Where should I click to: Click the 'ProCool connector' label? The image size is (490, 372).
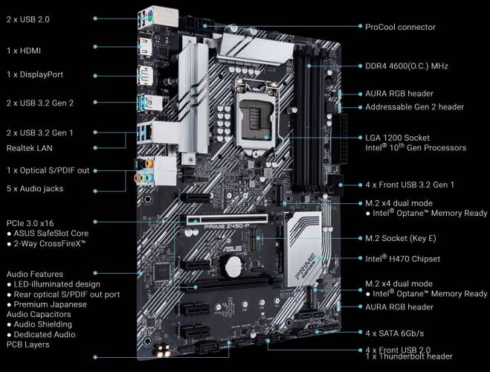[x=400, y=27]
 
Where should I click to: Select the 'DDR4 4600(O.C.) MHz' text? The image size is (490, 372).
[x=407, y=66]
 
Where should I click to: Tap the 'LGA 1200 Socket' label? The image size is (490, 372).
[x=397, y=138]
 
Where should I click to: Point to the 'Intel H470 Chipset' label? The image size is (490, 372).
[x=402, y=259]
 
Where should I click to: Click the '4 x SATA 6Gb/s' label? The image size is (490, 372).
[x=394, y=333]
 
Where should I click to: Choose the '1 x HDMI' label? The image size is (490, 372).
[x=24, y=51]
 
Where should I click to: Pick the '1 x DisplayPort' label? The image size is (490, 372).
[x=35, y=74]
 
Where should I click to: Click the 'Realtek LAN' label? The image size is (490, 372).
[x=30, y=148]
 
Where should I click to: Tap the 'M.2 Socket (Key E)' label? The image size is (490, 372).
[x=401, y=238]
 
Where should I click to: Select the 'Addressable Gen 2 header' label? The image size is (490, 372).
[x=414, y=107]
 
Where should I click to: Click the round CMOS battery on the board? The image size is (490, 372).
[x=233, y=266]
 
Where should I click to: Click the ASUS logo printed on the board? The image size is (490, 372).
[x=232, y=248]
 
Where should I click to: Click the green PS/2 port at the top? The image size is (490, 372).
[x=148, y=15]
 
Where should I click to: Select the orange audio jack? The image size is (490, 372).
[x=149, y=163]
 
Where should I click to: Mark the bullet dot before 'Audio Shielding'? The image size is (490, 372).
[x=9, y=324]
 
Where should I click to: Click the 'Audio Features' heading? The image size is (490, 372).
[x=35, y=274]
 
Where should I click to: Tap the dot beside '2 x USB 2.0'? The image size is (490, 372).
[x=95, y=19]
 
